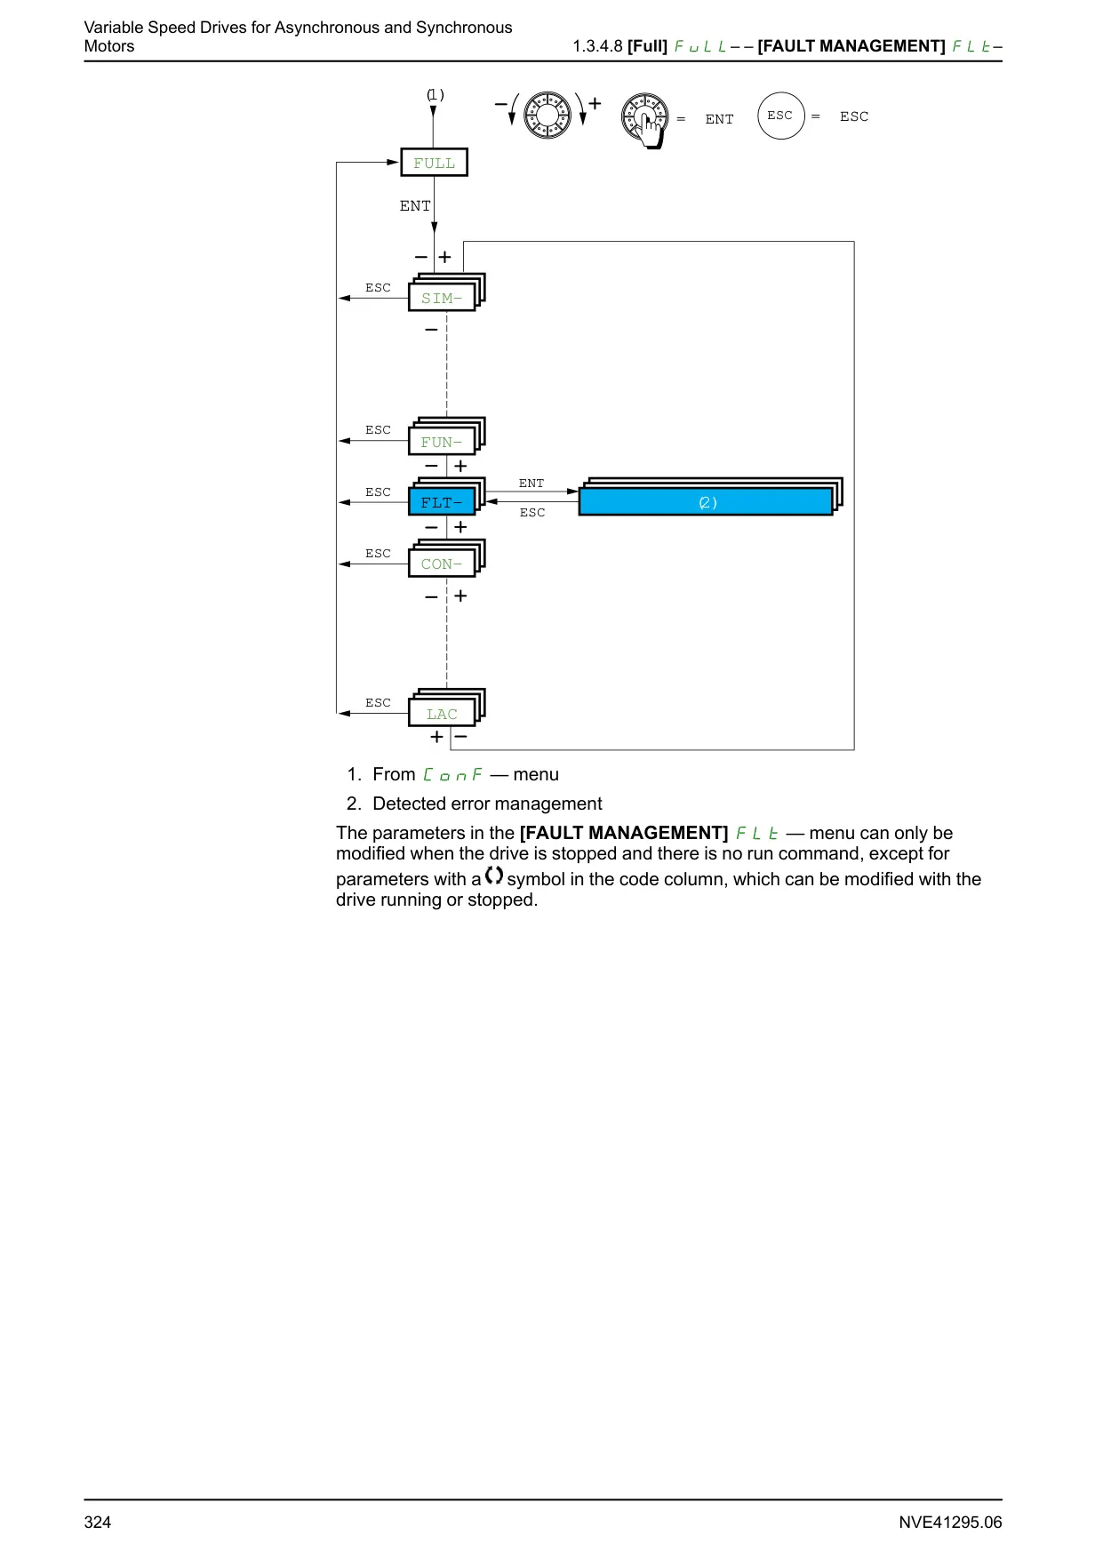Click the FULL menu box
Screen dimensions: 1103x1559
434,163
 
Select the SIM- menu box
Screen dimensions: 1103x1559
443,297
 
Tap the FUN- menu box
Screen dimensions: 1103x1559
443,441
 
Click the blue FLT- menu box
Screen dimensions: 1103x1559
443,501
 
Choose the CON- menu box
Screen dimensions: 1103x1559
443,563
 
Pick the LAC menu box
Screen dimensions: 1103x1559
443,713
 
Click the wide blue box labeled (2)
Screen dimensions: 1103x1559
706,501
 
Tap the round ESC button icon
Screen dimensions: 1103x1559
780,116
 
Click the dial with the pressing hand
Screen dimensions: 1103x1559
646,120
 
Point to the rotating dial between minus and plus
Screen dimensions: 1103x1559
548,115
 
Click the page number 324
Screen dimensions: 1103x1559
98,1522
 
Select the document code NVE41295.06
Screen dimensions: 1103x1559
950,1522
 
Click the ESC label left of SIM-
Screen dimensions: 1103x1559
378,288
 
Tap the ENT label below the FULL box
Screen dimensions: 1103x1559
415,206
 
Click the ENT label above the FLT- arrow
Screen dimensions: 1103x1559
532,484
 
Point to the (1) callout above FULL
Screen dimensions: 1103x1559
436,95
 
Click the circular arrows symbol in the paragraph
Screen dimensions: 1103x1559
494,875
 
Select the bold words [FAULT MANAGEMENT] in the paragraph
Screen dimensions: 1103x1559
624,833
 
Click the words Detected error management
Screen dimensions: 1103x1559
487,803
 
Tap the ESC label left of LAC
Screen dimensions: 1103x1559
378,703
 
